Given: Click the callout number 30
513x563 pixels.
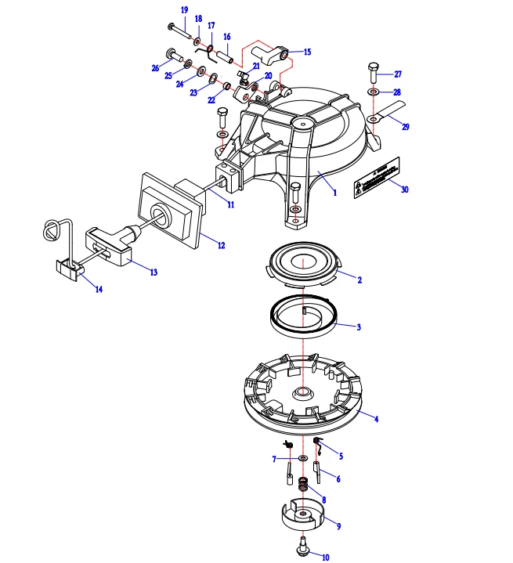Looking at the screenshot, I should (405, 189).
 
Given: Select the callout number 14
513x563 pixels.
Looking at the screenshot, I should (99, 290).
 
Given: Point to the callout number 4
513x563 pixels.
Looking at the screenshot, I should (376, 420).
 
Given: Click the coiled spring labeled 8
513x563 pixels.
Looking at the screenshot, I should (302, 492).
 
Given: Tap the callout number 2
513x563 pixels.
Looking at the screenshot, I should (359, 280).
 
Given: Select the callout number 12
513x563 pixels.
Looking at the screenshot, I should (222, 245).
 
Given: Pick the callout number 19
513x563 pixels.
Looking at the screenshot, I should (184, 9).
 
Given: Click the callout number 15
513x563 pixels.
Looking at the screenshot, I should (307, 52).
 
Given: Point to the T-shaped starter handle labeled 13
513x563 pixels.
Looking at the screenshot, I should (110, 239).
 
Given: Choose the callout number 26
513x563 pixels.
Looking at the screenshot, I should (155, 68).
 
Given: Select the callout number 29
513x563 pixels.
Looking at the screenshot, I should (405, 126).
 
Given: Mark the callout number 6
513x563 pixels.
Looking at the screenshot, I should (338, 478).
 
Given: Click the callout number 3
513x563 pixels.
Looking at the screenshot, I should (358, 327).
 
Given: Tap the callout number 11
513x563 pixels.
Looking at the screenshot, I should (230, 204).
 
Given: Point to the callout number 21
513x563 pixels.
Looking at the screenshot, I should (256, 67).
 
